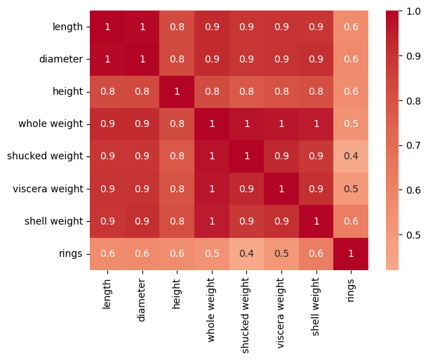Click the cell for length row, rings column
click(351, 27)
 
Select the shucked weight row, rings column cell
click(351, 156)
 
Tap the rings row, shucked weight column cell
click(246, 254)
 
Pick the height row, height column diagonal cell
click(177, 92)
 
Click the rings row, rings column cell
click(351, 254)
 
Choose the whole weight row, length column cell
click(107, 124)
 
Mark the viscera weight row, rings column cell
click(351, 189)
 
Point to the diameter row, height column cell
click(177, 59)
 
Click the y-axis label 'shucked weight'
click(45, 156)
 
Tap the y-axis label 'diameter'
click(61, 59)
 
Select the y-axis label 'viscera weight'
click(48, 189)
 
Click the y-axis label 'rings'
click(71, 254)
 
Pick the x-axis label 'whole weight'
click(211, 309)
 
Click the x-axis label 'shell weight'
click(315, 307)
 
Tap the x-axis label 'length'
click(107, 294)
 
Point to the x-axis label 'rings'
click(350, 291)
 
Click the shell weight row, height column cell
click(177, 221)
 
